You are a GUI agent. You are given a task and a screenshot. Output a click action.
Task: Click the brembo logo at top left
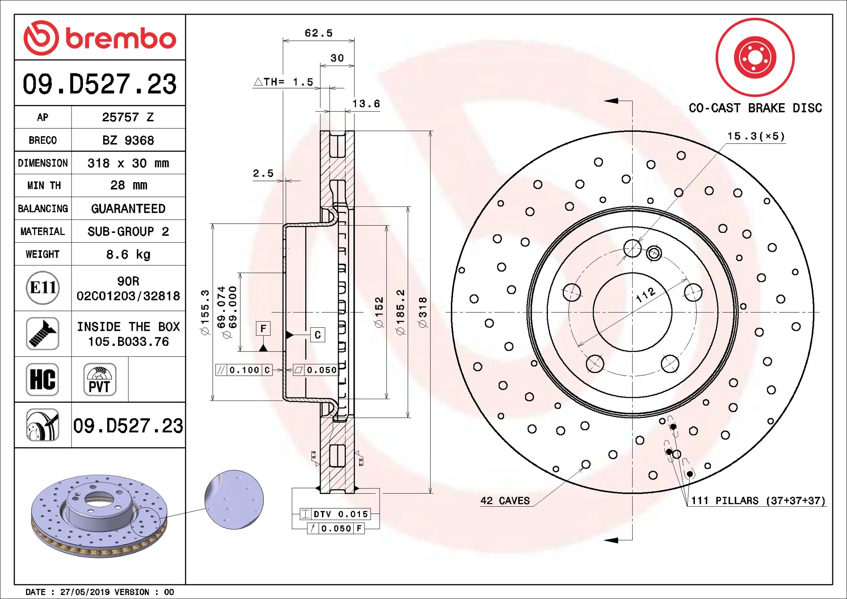pos(100,38)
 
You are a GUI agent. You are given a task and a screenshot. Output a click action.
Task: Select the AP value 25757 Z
pos(128,117)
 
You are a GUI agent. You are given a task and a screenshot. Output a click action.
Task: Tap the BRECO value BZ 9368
pos(128,140)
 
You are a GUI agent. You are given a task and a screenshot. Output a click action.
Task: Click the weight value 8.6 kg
pos(128,255)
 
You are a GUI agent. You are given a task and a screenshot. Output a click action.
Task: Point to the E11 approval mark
pos(43,288)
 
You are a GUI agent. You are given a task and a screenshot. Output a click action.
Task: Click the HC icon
pos(42,379)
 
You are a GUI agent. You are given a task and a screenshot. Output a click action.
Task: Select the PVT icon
pos(100,379)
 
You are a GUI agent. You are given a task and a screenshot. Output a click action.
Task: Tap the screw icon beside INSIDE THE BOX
pos(42,334)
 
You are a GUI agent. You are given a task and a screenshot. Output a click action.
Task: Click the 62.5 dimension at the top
pos(319,33)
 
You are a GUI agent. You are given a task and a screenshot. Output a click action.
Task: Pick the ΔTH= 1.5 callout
pos(284,82)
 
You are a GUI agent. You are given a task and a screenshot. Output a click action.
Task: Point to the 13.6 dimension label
pos(366,104)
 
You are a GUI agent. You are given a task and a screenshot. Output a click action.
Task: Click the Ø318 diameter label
pos(423,312)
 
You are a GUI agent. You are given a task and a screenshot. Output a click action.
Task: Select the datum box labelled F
pos(263,329)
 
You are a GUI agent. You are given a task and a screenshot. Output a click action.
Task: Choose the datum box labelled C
pos(318,335)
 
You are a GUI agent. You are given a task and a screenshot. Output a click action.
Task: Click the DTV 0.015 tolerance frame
pos(335,514)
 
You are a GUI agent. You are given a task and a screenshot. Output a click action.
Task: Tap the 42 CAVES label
pos(505,501)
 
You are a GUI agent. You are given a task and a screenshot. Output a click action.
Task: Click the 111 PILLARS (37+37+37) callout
pos(757,501)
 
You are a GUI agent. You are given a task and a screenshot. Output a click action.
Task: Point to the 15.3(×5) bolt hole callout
pos(756,136)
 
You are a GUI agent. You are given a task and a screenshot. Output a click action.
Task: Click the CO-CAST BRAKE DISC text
pos(755,108)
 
